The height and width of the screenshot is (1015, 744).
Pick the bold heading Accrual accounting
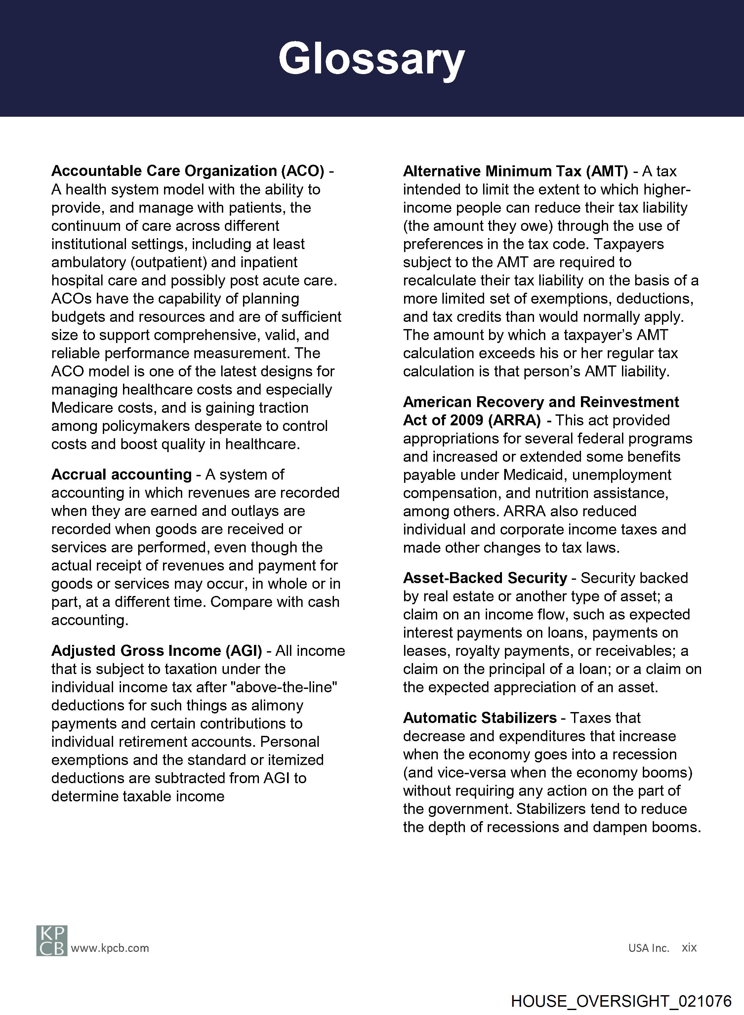coord(122,474)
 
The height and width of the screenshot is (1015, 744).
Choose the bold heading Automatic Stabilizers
coord(480,717)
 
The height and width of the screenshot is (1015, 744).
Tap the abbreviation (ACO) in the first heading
coord(303,171)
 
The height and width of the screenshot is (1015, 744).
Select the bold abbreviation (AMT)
coord(607,171)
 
